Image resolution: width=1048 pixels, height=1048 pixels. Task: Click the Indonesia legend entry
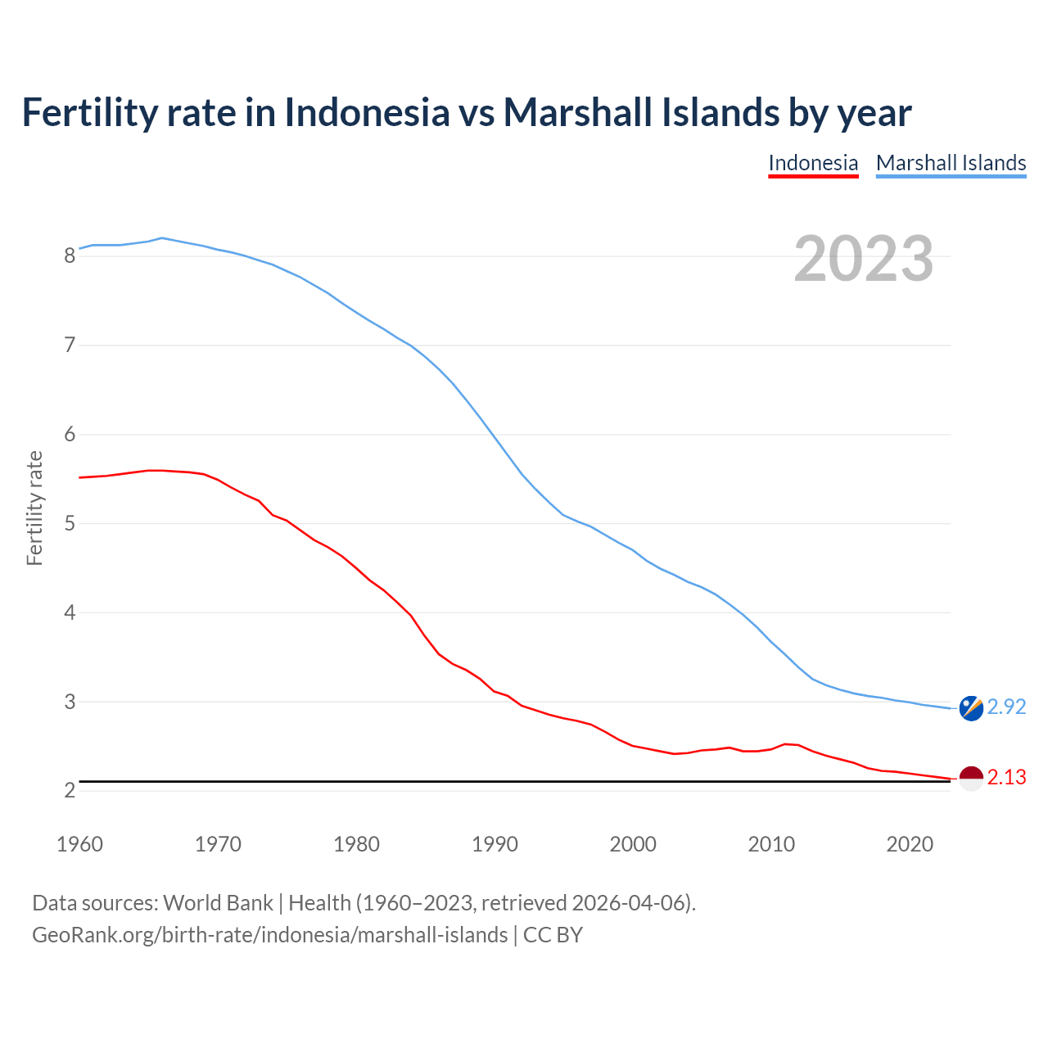[x=813, y=163]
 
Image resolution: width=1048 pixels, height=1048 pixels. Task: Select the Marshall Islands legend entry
[x=951, y=163]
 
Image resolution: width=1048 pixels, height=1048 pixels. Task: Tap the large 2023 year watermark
[x=864, y=259]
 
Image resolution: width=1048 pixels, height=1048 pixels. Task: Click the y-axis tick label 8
[x=70, y=256]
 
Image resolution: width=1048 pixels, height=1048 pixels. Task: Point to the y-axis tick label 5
[x=70, y=523]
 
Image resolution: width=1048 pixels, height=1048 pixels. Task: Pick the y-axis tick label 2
[x=70, y=791]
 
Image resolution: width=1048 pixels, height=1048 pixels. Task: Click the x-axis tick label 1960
[x=79, y=844]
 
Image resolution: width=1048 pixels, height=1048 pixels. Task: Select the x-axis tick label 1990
[x=495, y=844]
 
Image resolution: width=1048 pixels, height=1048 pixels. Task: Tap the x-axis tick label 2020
[x=910, y=844]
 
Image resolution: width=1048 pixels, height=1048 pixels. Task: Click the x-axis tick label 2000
[x=633, y=844]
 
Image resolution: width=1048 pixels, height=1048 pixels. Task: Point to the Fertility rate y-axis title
[x=34, y=508]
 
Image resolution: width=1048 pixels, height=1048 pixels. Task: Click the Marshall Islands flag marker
[x=971, y=708]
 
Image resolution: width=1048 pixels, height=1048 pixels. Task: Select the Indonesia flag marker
[x=971, y=779]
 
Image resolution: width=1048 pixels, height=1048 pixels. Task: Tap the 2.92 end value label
[x=1006, y=707]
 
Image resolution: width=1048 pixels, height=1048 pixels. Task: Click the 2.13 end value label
[x=1006, y=777]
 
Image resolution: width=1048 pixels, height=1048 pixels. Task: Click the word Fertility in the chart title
[x=88, y=112]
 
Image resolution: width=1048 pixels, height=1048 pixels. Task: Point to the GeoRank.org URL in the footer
[x=269, y=935]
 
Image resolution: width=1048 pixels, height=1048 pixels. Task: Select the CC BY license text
[x=553, y=935]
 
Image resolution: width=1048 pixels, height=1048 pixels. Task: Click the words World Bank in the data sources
[x=218, y=903]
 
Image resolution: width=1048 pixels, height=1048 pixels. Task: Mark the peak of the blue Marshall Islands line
[x=162, y=237]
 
